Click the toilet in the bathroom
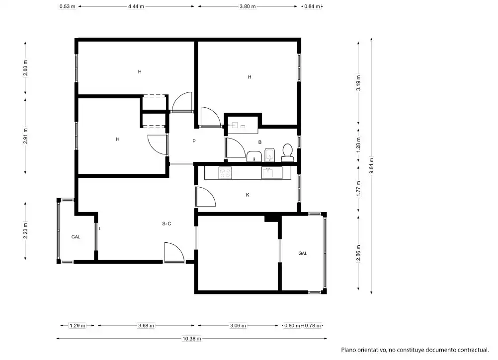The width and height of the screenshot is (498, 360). point(287,152)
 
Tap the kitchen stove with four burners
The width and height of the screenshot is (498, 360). point(225,173)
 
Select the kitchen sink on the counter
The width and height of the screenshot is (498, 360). point(271,173)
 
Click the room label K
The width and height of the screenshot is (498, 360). point(248,195)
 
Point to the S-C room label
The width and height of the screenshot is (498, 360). point(166,223)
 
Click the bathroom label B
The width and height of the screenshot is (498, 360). point(260,142)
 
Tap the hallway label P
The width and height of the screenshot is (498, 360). point(194,141)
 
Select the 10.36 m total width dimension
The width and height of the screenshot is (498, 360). point(191,339)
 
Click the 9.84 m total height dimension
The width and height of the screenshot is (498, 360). point(372,165)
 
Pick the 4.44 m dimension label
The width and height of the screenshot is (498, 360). point(136,6)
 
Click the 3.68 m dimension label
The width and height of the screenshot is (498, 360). point(146,325)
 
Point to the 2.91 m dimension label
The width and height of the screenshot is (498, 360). point(25,136)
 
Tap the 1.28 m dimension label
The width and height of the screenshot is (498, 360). point(358,144)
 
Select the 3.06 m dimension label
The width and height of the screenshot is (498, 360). point(238,325)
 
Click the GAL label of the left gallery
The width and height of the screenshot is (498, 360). point(76,237)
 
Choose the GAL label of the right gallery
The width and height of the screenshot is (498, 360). point(303,253)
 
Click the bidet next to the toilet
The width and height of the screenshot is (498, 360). point(270,155)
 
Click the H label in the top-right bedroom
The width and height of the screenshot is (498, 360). point(249,77)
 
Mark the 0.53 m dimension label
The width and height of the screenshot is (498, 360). point(67,6)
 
